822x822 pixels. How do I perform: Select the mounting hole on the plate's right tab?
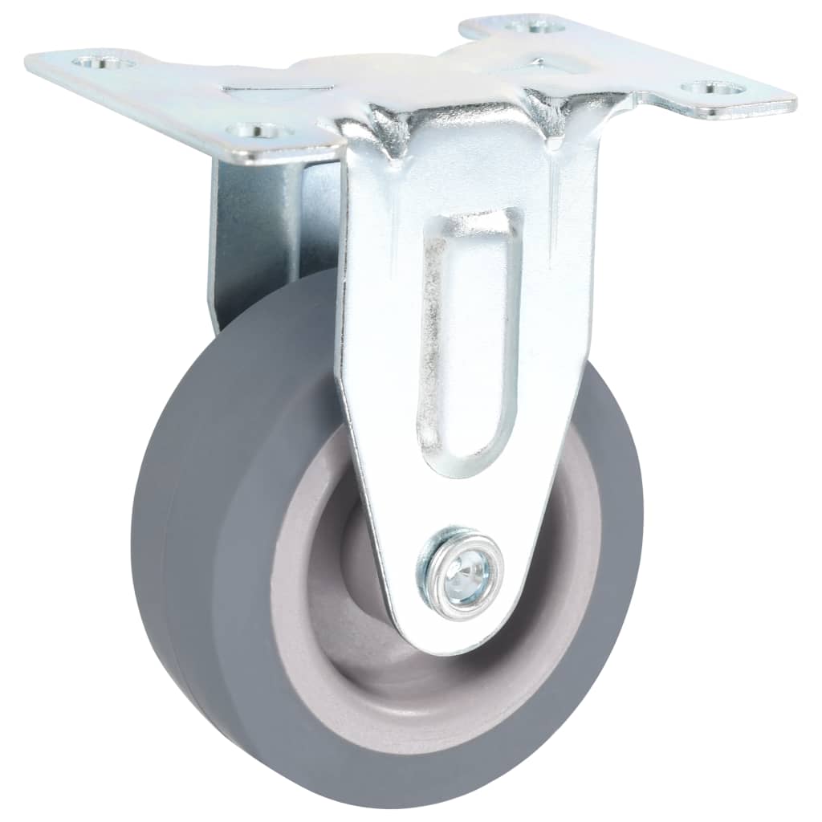pyautogui.click(x=707, y=88)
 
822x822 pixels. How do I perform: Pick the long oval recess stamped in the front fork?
pyautogui.click(x=466, y=337)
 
